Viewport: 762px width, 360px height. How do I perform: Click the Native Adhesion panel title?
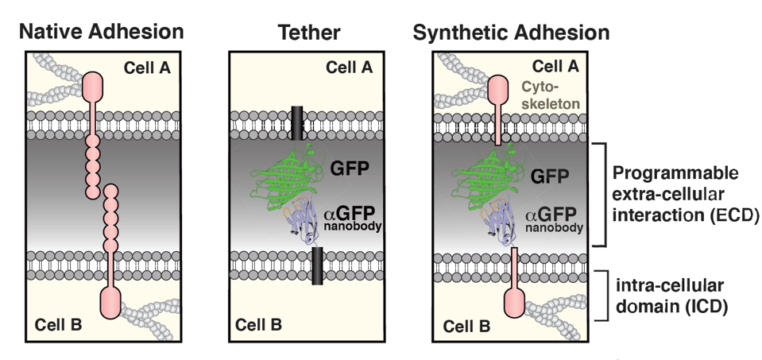101,33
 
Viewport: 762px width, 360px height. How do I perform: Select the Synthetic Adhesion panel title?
511,33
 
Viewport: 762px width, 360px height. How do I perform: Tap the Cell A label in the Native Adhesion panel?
147,68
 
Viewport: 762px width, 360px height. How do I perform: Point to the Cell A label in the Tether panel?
349,68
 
